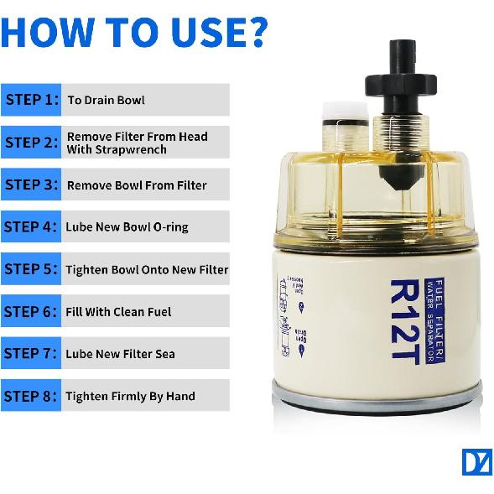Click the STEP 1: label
pos(32,100)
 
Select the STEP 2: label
pos(32,143)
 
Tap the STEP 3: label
pos(32,185)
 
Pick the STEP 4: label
pos(32,226)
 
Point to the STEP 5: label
pos(32,269)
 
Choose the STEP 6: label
pos(32,311)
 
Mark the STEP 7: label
pos(32,353)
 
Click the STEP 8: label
pos(32,396)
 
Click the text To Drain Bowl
pos(106,100)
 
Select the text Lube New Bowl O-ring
pos(127,227)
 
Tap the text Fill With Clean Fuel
pos(118,311)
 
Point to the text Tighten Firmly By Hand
pos(130,396)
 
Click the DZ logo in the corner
pos(476,462)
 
